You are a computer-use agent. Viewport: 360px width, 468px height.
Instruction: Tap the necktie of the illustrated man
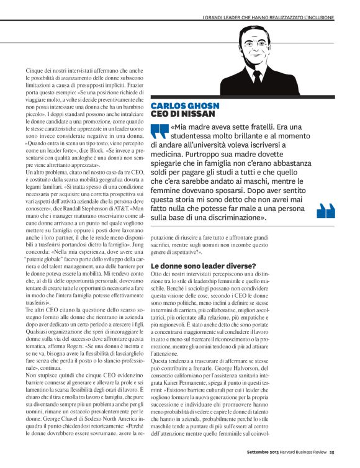point(256,79)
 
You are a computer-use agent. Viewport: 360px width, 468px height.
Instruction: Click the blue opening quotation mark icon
point(160,132)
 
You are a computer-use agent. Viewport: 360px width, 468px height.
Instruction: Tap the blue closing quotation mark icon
point(326,211)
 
